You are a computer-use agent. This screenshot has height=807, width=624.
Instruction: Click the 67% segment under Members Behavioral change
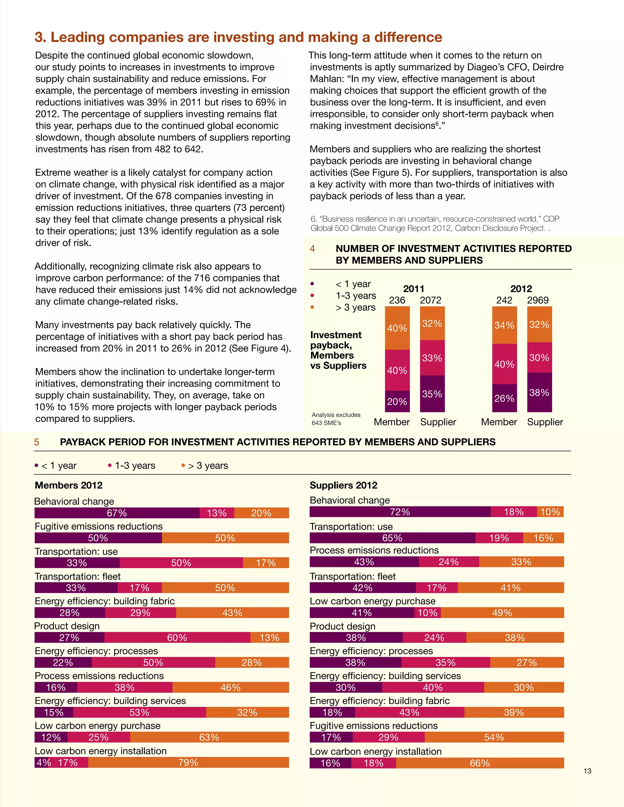[117, 513]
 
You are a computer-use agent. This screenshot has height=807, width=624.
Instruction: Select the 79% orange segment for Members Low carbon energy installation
[189, 762]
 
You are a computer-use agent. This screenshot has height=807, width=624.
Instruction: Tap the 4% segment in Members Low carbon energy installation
[42, 762]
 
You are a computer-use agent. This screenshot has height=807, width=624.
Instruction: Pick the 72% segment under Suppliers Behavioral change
[400, 512]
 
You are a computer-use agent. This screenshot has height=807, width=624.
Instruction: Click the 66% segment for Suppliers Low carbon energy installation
[480, 763]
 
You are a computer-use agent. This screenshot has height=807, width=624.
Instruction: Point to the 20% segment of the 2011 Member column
[397, 401]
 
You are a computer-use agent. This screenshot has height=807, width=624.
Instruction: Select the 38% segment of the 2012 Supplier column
[539, 393]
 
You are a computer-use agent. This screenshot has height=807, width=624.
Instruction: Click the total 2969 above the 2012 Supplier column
[538, 300]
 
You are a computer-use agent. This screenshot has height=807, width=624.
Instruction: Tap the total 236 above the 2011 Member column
[397, 300]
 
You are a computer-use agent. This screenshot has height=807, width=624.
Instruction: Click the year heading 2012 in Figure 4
[521, 289]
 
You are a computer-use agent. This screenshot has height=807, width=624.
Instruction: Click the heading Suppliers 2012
[343, 485]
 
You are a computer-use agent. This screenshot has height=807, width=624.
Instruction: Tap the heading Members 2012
[68, 485]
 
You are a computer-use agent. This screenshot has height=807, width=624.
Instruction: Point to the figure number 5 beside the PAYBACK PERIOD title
[37, 442]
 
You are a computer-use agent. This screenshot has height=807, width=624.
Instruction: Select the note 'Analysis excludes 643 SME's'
[336, 419]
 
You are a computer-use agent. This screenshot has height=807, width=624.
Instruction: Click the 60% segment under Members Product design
[177, 637]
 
